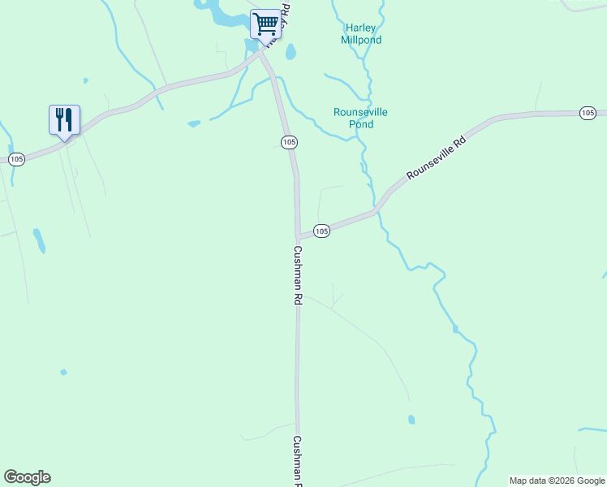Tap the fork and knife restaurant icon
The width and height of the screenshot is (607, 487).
point(64,119)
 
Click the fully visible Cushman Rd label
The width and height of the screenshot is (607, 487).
point(298,275)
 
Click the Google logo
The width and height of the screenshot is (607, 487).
point(27,477)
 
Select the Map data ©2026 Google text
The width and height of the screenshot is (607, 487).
point(557,481)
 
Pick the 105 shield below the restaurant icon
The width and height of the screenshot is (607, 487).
point(17,159)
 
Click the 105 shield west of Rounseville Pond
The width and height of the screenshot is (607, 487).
point(289,142)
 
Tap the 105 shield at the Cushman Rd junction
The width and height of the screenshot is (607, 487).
point(321,231)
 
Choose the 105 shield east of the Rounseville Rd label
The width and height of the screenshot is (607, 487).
point(588,113)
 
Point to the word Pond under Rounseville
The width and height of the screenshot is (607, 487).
point(361,124)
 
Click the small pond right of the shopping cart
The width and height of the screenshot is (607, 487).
point(291,53)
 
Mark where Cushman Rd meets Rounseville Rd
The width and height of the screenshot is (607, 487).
point(299,235)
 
